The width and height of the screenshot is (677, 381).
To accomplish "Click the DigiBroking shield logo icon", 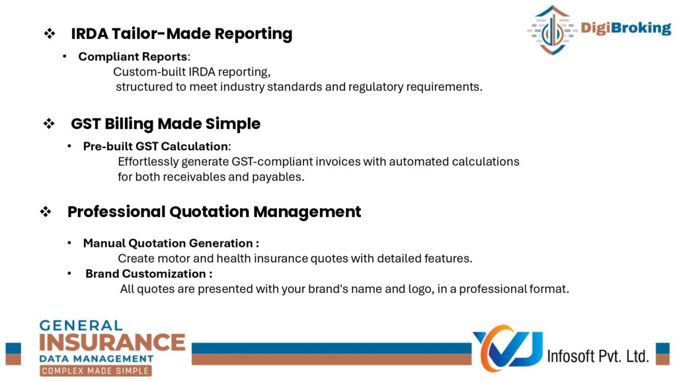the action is click(x=552, y=30).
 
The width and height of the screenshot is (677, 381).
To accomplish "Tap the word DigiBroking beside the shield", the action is click(x=625, y=28).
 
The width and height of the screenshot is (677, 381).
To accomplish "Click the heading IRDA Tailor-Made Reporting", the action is click(x=181, y=34).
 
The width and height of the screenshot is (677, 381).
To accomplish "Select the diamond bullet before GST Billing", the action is click(x=49, y=124).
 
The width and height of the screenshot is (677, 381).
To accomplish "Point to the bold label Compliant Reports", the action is click(x=132, y=57).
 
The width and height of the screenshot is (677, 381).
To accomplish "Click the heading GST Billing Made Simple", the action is click(x=165, y=124).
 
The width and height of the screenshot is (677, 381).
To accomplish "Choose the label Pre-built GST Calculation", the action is click(x=155, y=146).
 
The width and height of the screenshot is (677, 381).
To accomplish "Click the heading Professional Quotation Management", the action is click(x=214, y=212).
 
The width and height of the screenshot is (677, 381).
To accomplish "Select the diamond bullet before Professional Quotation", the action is click(x=46, y=212).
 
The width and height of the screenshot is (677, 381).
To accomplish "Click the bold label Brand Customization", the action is click(x=145, y=274).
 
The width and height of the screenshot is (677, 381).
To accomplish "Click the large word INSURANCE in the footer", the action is click(x=112, y=343).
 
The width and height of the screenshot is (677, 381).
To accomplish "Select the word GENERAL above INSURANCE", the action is click(x=81, y=325).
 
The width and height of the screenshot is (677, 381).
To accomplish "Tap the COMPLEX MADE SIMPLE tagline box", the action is click(x=95, y=370).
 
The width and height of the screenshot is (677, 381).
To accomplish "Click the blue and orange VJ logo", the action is click(x=508, y=348).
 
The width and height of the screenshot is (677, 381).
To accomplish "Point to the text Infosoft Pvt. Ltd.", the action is click(x=598, y=356).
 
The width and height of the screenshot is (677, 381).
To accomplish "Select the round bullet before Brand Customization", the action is click(x=69, y=273).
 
